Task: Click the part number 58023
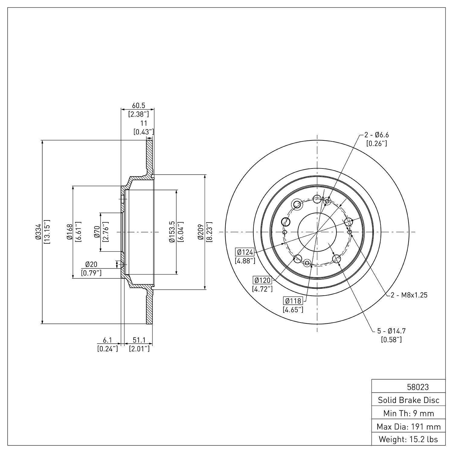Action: click(x=418, y=387)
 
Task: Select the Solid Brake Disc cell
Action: click(x=409, y=400)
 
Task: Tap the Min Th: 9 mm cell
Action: click(x=409, y=413)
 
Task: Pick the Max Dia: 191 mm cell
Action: click(x=409, y=426)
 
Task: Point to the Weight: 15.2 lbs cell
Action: click(x=409, y=439)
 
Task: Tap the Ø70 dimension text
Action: click(x=97, y=232)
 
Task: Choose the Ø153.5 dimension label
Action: click(x=172, y=232)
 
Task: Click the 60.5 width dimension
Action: click(x=139, y=105)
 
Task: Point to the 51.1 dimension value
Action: click(x=139, y=340)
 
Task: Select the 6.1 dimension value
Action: click(x=107, y=340)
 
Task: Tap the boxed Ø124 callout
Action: click(x=245, y=252)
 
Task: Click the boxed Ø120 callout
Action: click(x=262, y=280)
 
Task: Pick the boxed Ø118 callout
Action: click(x=293, y=301)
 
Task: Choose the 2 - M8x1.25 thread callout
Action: click(x=409, y=295)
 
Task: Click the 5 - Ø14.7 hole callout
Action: click(x=391, y=331)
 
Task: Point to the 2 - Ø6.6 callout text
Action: click(x=376, y=135)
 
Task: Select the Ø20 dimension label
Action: click(x=91, y=265)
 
